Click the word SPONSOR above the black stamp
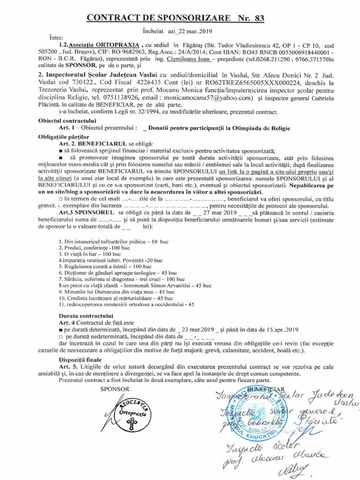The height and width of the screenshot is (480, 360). pos(115,389)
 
